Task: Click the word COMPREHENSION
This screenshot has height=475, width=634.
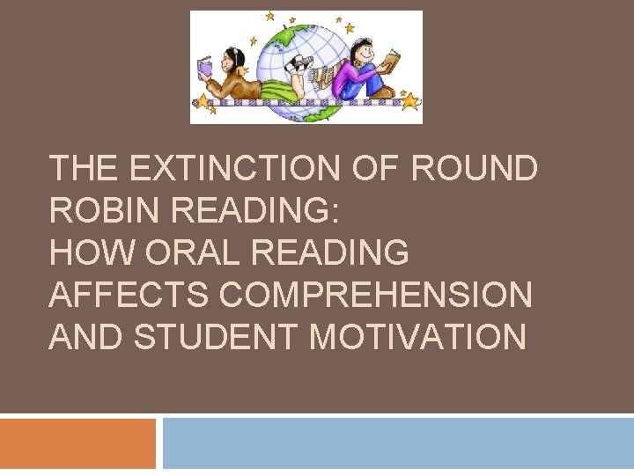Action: point(376,295)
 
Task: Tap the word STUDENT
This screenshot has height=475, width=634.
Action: point(210,337)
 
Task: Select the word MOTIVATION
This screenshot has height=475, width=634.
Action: point(415,337)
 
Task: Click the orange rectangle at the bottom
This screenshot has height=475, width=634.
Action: point(77,443)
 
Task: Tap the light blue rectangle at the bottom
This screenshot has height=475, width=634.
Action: point(398,443)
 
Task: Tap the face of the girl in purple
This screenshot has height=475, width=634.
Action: point(361,49)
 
